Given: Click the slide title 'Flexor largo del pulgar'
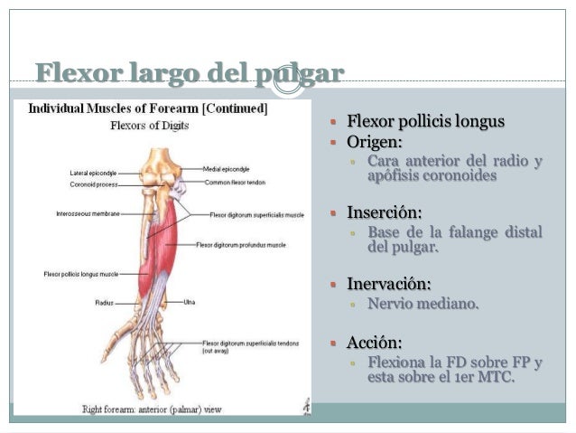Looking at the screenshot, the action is click(x=190, y=72).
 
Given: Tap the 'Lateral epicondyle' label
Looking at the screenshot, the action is click(x=93, y=172).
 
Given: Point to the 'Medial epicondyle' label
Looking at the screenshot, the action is click(x=227, y=169).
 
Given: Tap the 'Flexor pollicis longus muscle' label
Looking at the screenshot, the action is click(x=82, y=273).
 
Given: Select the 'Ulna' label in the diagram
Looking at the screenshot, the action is click(x=190, y=301).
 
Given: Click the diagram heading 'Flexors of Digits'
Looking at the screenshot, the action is click(x=150, y=126).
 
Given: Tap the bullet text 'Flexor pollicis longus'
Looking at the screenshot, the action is click(x=425, y=122).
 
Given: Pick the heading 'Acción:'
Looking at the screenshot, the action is click(x=375, y=344).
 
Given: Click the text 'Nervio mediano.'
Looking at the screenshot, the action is click(x=423, y=303).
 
